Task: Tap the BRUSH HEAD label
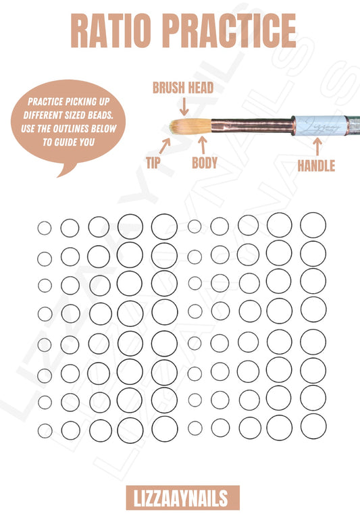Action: point(183,88)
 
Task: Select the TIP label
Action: point(153,163)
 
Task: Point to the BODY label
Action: point(205,163)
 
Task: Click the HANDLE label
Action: point(316,166)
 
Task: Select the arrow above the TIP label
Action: point(165,146)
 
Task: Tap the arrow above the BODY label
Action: point(203,145)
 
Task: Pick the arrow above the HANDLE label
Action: point(317,147)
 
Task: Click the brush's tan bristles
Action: point(190,126)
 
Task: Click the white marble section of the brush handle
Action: point(320,125)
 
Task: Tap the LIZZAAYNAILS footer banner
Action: point(182,498)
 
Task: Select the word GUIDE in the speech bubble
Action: point(69,142)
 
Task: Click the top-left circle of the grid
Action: point(38,228)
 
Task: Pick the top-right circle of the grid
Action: point(300,225)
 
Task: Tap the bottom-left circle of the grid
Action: point(38,431)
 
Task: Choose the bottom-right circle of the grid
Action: point(301,426)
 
